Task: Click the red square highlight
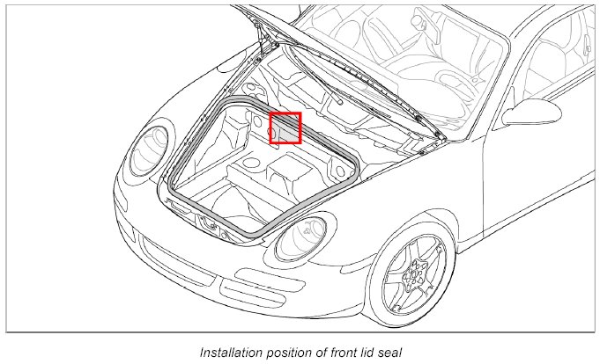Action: coord(285,127)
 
